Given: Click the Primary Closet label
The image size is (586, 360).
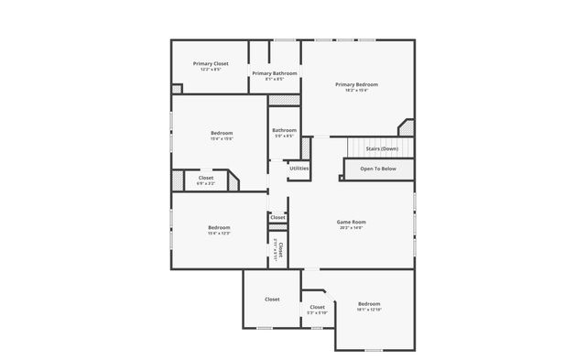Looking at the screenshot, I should tap(211, 63).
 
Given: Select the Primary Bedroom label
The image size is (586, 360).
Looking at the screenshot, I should tap(356, 84).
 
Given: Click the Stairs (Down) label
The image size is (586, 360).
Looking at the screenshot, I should tap(382, 148).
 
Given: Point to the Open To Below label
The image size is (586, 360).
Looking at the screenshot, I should tap(378, 169).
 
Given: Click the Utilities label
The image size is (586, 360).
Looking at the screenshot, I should tap(299, 168).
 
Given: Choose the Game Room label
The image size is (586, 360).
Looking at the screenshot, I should tap(351, 222).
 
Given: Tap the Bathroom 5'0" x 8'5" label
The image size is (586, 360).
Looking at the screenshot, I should tap(284, 130).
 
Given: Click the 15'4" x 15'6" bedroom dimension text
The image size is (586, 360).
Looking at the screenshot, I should tap(222, 139).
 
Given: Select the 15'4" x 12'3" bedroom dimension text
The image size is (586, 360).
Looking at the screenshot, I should tap(219, 234).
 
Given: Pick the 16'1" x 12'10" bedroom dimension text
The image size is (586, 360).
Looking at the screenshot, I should tap(369, 310).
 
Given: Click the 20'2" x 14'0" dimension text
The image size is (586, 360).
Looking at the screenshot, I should tap(351, 228).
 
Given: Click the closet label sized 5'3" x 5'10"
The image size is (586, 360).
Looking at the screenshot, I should tap(317, 313).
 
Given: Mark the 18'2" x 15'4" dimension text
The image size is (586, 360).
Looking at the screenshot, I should tap(356, 90).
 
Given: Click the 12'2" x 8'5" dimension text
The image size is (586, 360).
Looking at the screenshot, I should tap(211, 70).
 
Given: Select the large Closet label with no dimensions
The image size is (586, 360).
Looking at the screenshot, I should tap(272, 300).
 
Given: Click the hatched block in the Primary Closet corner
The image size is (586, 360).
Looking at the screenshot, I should tap(177, 89).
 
